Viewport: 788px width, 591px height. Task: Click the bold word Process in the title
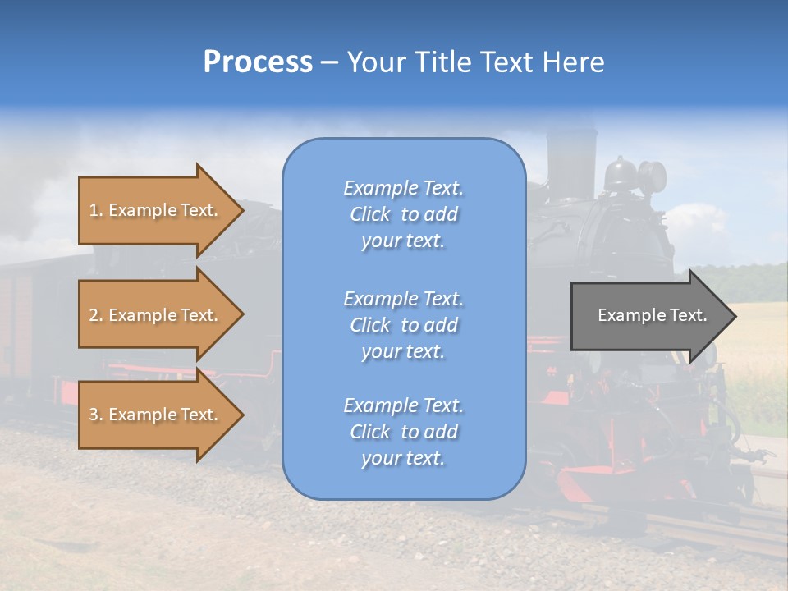[258, 62]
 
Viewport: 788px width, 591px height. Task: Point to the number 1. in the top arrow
[96, 210]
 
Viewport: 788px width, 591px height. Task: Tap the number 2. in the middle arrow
[96, 315]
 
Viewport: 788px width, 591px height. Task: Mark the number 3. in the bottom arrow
[96, 415]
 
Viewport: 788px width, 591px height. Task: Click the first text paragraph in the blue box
[403, 214]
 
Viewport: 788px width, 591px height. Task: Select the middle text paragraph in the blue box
[403, 325]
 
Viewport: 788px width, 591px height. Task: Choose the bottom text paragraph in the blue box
[403, 432]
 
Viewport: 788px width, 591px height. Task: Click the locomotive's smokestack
[571, 160]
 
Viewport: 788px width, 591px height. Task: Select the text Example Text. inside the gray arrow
[652, 315]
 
